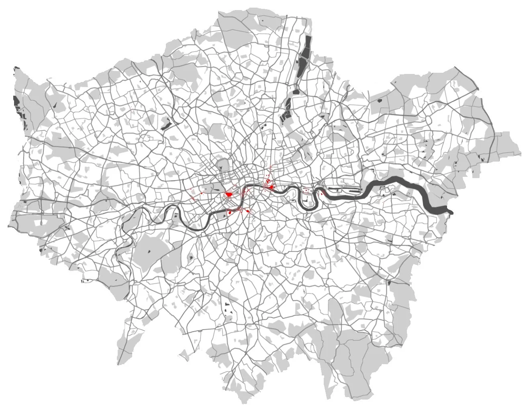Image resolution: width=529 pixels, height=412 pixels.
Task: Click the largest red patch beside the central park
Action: coord(229,195)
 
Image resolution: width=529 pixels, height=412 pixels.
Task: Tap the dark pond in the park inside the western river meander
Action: coord(176,216)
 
